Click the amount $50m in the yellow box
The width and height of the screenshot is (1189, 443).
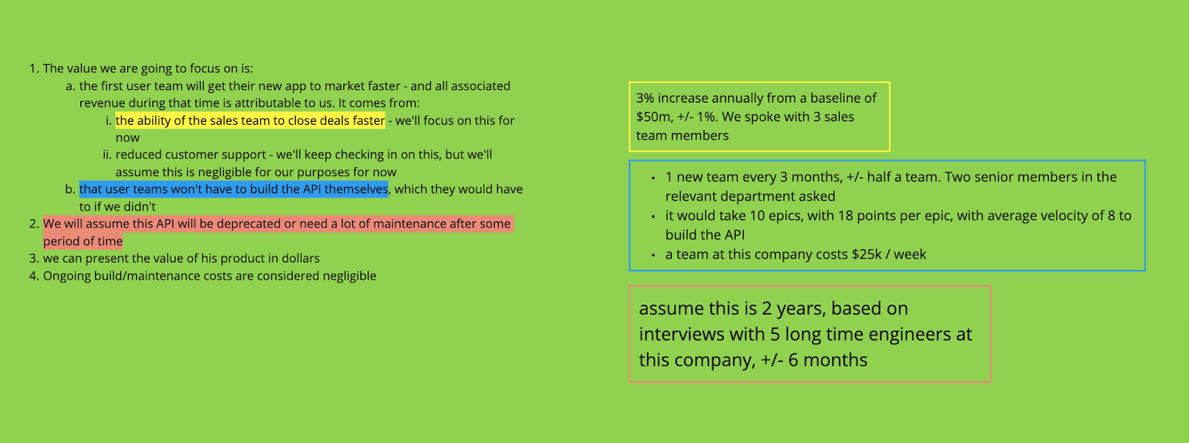point(652,117)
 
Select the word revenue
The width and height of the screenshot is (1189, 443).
point(103,103)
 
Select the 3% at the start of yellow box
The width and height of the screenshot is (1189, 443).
point(644,98)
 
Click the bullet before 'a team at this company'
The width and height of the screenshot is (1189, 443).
point(652,255)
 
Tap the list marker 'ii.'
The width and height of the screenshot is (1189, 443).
point(107,155)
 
